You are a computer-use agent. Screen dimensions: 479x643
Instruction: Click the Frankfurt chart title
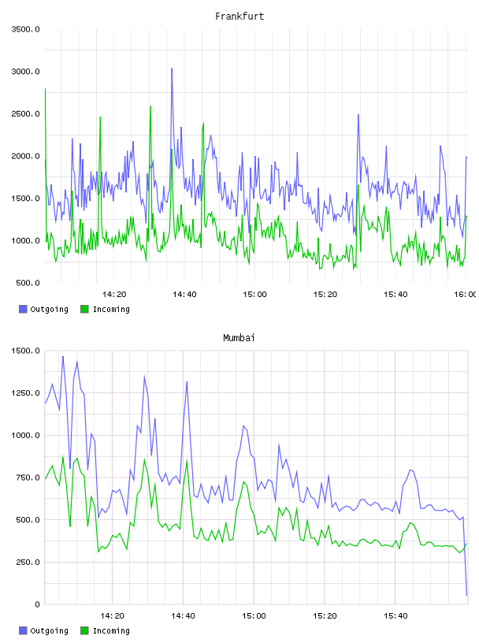[x=239, y=17]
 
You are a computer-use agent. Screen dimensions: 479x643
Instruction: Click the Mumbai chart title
[x=239, y=338]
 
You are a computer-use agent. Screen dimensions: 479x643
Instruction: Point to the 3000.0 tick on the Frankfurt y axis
[x=25, y=72]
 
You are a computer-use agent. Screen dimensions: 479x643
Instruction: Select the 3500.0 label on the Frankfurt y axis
[x=25, y=29]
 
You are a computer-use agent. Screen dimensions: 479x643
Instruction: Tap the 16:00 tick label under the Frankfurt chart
[x=466, y=295]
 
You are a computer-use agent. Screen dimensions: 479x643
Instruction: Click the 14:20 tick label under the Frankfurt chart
[x=114, y=295]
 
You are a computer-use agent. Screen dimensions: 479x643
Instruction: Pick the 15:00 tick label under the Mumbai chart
[x=254, y=616]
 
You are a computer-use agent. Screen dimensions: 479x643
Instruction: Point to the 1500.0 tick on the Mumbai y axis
[x=25, y=351]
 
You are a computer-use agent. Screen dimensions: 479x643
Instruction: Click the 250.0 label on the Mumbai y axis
[x=28, y=562]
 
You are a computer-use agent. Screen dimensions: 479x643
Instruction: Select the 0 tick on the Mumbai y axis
[x=37, y=604]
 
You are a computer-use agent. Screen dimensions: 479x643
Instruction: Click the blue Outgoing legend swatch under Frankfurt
[x=23, y=309]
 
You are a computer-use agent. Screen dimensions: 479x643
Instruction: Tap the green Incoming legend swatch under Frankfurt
[x=84, y=309]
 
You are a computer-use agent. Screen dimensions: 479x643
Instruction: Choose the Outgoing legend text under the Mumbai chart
[x=49, y=630]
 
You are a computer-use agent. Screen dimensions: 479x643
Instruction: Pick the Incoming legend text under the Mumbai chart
[x=111, y=630]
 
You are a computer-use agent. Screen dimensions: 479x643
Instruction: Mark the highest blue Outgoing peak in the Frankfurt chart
[x=172, y=69]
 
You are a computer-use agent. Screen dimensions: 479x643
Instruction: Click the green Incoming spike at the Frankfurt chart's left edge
[x=45, y=89]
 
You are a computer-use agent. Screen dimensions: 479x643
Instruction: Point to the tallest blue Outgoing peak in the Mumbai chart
[x=63, y=357]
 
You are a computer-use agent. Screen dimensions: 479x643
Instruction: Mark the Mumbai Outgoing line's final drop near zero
[x=466, y=595]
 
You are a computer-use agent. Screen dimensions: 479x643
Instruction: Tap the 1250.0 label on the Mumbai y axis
[x=25, y=393]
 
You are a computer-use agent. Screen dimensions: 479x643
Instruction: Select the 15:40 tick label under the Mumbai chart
[x=395, y=616]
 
